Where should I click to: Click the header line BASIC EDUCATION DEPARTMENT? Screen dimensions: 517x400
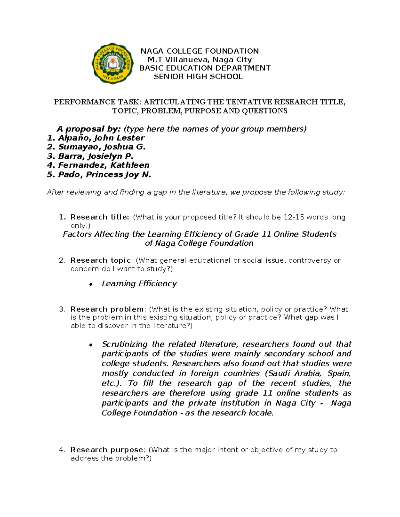pyautogui.click(x=205, y=68)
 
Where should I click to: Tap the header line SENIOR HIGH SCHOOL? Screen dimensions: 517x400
pyautogui.click(x=198, y=77)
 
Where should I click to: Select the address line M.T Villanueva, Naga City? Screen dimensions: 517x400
pyautogui.click(x=200, y=60)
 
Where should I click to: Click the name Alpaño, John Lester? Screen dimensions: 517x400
pyautogui.click(x=101, y=138)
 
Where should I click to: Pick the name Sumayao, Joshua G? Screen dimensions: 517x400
pyautogui.click(x=102, y=147)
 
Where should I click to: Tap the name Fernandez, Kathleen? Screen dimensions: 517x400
pyautogui.click(x=104, y=165)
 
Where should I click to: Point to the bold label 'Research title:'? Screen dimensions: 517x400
pyautogui.click(x=100, y=217)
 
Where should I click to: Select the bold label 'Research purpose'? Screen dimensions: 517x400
pyautogui.click(x=107, y=450)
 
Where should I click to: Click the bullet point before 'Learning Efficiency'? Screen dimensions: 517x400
pyautogui.click(x=90, y=284)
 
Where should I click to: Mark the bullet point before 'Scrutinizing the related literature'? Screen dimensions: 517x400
pyautogui.click(x=90, y=345)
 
